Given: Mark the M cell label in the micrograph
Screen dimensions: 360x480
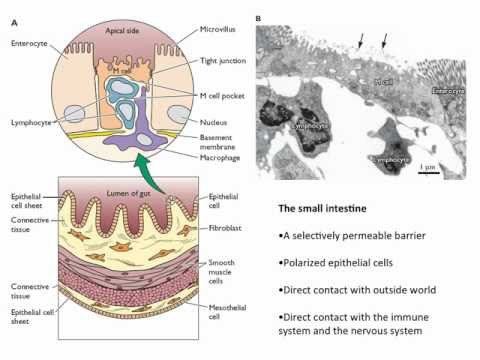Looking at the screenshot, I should coord(382,81).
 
